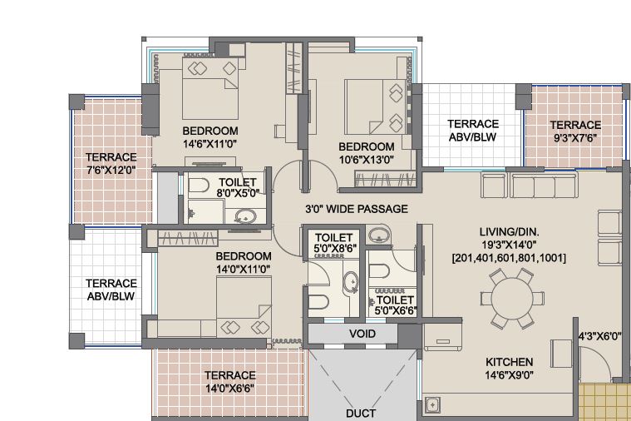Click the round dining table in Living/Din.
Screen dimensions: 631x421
(512, 299)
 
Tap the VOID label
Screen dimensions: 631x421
(362, 334)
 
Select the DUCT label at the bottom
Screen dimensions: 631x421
(361, 414)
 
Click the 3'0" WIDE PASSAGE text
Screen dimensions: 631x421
(356, 209)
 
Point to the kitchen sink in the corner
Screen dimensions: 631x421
(432, 404)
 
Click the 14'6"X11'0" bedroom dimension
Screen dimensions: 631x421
(210, 144)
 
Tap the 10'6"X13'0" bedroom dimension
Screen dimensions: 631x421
(366, 160)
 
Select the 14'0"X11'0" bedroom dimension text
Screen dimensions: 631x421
(243, 269)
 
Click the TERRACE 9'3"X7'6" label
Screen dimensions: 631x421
(575, 131)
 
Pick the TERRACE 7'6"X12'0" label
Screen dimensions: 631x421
(111, 163)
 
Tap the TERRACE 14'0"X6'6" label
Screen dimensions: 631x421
(229, 382)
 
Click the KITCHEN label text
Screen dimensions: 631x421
(509, 362)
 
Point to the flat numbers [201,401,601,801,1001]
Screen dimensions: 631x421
(509, 258)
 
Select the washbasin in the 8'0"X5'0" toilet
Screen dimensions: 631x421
(244, 216)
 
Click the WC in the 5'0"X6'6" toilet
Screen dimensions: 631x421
(379, 271)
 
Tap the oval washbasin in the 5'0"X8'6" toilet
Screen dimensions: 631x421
(351, 281)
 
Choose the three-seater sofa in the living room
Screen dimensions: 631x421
(543, 185)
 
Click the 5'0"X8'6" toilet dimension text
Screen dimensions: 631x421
(336, 249)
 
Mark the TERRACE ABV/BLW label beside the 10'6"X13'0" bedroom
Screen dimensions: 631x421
(473, 131)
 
